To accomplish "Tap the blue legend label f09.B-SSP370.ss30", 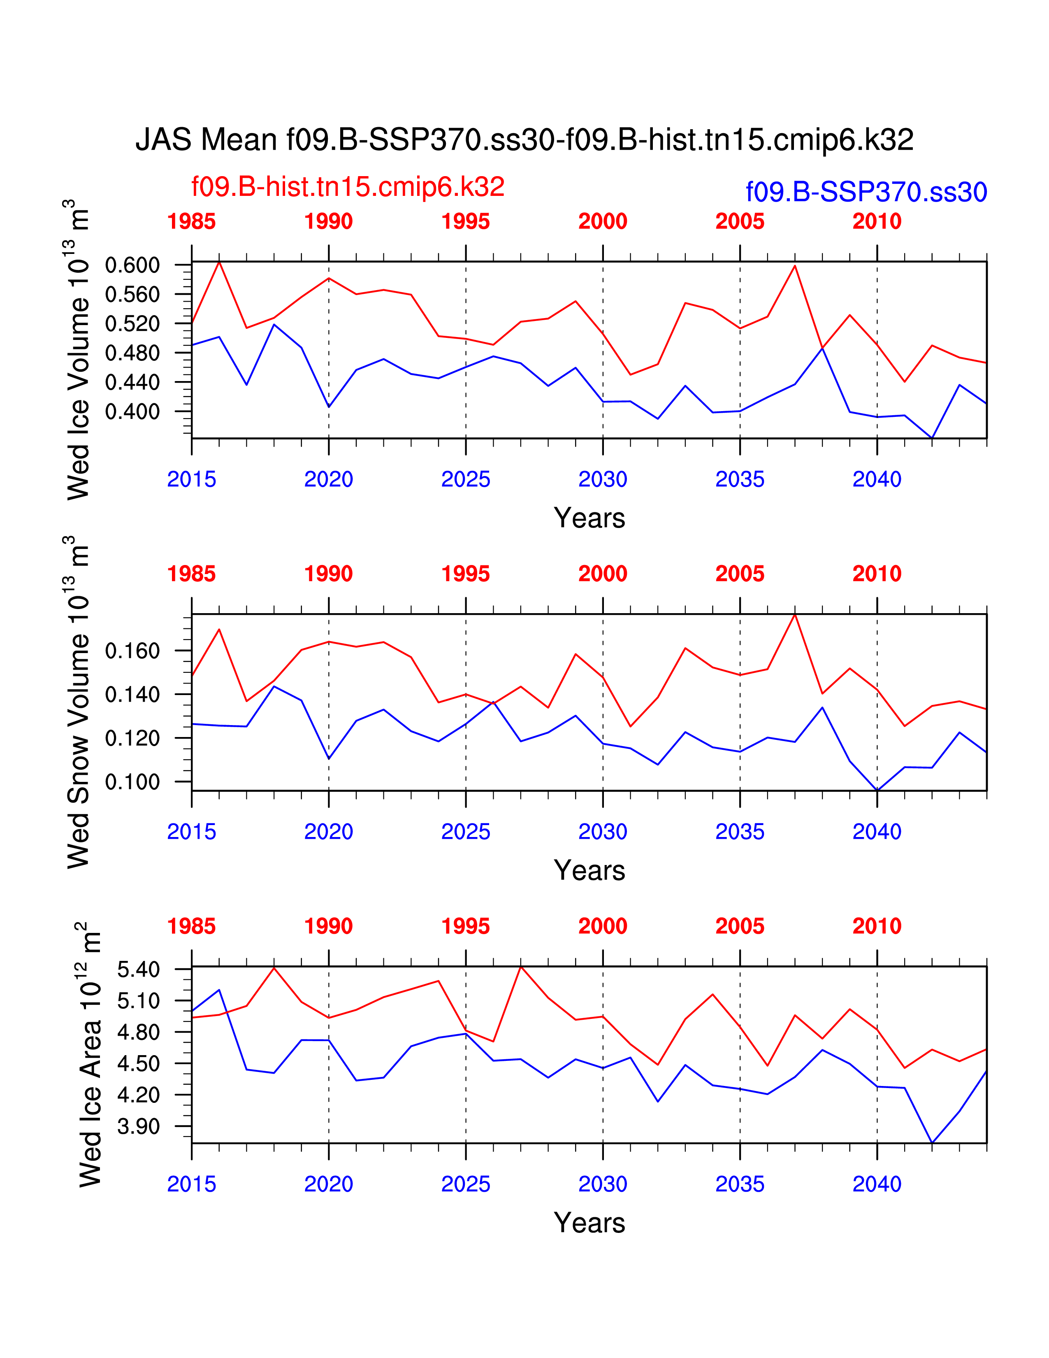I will tap(866, 192).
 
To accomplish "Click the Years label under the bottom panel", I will tap(589, 1223).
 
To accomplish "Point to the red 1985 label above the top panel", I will tap(191, 221).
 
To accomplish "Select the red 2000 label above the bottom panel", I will tap(602, 926).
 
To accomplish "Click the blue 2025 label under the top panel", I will tap(465, 479).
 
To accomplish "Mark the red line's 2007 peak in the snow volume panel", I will tap(795, 614).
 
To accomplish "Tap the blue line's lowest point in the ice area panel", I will tap(931, 1142).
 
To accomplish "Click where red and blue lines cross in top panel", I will tap(822, 348).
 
